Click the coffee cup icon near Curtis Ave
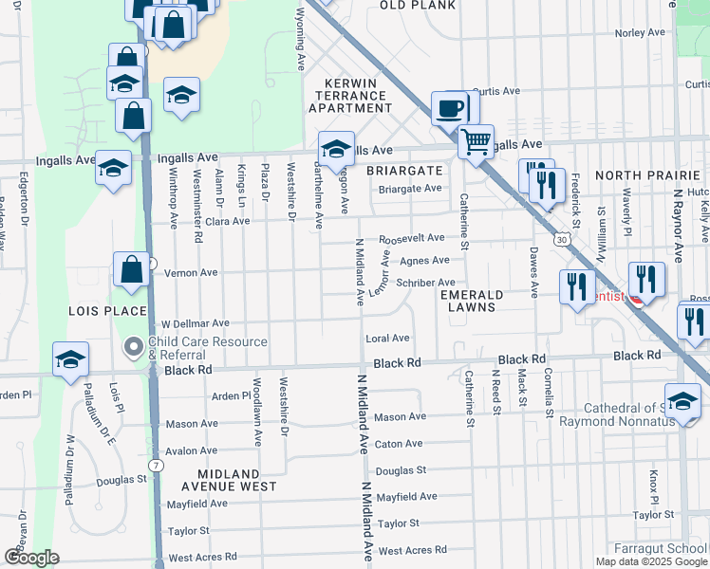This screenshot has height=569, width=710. (450, 107)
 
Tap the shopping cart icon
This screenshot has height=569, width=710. (476, 141)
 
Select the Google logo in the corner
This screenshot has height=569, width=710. (32, 558)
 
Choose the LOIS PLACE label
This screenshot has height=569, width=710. (107, 311)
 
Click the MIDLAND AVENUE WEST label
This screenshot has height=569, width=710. (236, 480)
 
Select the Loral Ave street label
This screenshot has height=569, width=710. (387, 338)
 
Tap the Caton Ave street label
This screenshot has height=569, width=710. (399, 444)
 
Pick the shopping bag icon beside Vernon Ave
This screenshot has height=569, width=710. (131, 270)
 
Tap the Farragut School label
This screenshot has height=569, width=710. (673, 548)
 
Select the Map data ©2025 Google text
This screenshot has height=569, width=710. (651, 561)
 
